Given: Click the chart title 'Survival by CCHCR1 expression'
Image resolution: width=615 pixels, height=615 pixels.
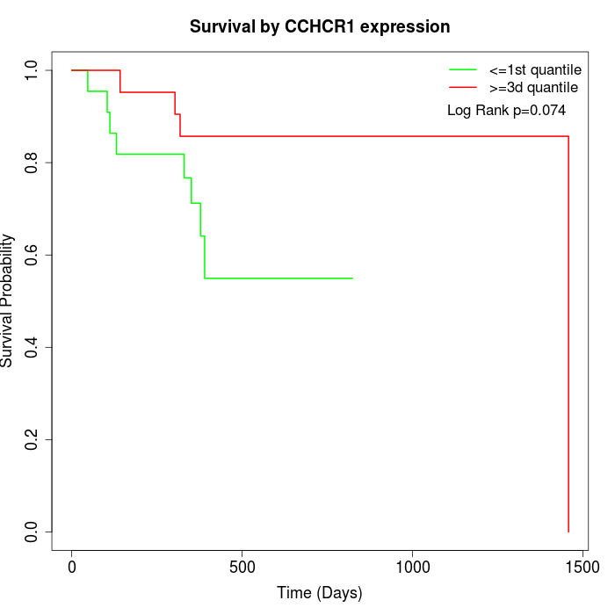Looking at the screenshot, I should pos(320,27).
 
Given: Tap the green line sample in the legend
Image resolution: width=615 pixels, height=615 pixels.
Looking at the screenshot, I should pos(463,69).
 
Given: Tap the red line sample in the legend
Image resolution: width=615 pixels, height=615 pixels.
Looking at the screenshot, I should pos(463,88).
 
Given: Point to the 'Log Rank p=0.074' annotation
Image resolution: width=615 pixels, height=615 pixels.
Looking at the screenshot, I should pos(506,111).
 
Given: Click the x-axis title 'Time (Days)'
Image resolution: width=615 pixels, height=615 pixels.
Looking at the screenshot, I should pos(320,593).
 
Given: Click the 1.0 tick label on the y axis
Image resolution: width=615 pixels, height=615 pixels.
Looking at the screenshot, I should pos(33,70).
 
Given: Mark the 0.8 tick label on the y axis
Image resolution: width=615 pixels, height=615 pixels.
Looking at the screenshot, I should pos(33,163).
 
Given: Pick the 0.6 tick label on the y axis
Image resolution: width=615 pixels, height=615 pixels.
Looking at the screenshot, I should pos(33,255).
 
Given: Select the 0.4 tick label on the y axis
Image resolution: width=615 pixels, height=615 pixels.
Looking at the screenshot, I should pos(33,347).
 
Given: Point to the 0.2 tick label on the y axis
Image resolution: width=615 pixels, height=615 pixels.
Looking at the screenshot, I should pos(33,439).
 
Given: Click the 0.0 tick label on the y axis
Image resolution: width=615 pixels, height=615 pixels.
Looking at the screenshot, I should pos(33,532).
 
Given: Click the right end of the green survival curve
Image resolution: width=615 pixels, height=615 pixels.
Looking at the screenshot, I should pos(351,279).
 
